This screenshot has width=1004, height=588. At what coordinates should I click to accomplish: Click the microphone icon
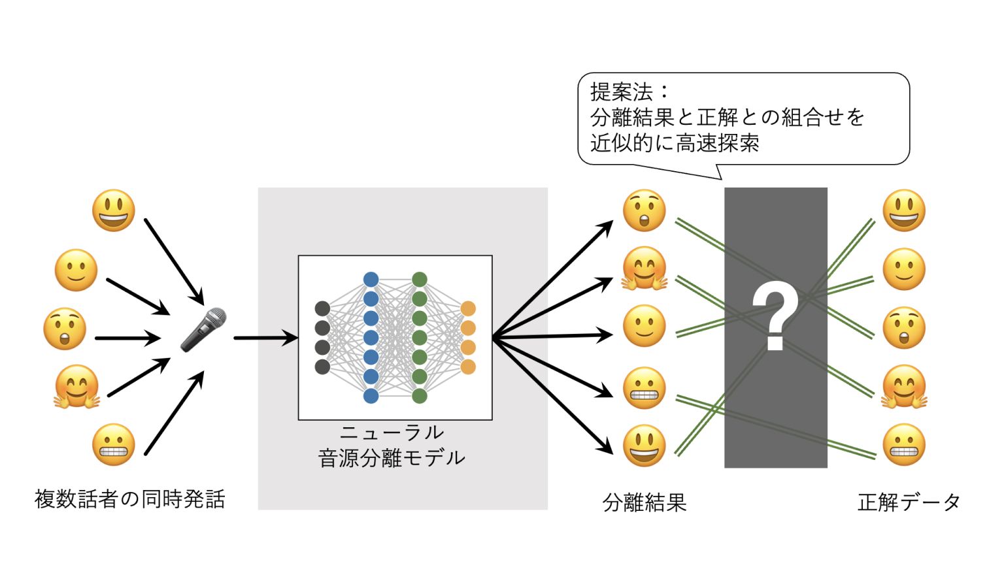pos(203,329)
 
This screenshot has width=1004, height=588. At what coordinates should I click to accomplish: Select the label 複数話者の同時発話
pos(130,499)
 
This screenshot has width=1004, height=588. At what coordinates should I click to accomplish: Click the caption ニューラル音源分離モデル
pos(392,446)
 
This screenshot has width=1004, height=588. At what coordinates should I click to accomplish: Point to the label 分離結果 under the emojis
pos(644,502)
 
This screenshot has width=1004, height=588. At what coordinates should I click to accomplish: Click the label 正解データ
pos(909,502)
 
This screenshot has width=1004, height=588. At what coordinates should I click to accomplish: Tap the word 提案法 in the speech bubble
pos(622,91)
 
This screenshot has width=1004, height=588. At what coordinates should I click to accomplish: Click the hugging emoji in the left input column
pos(76,387)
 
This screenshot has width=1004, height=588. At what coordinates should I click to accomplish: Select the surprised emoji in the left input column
pos(65,329)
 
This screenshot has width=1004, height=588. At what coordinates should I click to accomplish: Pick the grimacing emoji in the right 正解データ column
pos(904,445)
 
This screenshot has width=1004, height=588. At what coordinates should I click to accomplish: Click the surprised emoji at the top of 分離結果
pos(644,210)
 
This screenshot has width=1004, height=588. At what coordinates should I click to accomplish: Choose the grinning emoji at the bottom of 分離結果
pos(644,446)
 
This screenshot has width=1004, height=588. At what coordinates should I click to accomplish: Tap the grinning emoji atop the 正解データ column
pos(904,210)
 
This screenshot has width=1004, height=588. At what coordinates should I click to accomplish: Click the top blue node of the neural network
pos(371,280)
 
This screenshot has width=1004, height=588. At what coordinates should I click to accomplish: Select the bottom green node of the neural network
pos(420,396)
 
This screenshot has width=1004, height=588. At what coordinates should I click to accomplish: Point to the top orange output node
pos(468,308)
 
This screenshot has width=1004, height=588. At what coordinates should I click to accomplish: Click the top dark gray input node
pos(322,308)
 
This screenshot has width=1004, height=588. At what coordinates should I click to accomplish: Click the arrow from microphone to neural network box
pos(265,338)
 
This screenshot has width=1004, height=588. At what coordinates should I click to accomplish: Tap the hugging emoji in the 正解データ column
pos(904,387)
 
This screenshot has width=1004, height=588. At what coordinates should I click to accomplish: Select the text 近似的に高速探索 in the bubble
pos(675,143)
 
